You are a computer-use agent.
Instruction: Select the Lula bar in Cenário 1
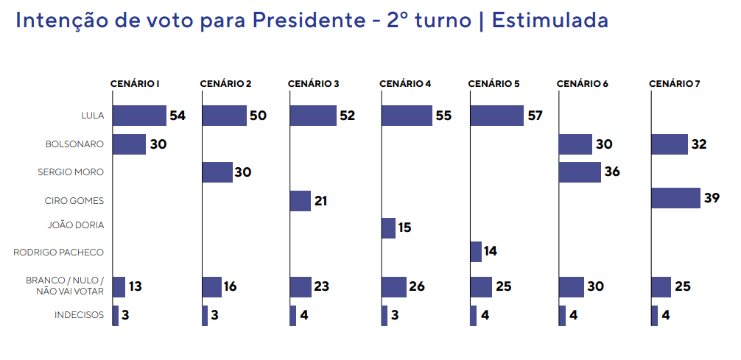point(139,116)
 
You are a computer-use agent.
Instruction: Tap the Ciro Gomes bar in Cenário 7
point(675,198)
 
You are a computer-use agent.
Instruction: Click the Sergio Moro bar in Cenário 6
point(579,172)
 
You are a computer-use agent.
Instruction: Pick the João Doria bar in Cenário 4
point(388,228)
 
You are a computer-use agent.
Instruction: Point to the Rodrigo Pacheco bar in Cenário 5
point(476,252)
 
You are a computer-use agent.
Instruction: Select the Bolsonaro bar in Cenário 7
point(669,144)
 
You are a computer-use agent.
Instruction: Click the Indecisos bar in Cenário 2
point(205,316)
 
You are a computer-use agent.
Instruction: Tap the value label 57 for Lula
point(534,116)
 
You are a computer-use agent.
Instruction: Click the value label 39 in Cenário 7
point(712,198)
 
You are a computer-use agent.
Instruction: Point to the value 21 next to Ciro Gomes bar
point(321,201)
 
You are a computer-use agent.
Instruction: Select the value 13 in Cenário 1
point(136,286)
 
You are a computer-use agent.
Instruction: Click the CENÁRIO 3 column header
point(313,84)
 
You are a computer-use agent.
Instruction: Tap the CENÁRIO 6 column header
point(582,84)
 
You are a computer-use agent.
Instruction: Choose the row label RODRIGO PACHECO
point(59,253)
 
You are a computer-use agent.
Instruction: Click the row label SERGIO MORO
point(71,172)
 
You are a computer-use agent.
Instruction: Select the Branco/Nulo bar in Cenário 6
point(571,286)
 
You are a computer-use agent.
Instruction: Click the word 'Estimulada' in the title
point(550,20)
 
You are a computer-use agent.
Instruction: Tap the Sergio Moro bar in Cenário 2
point(217,172)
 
